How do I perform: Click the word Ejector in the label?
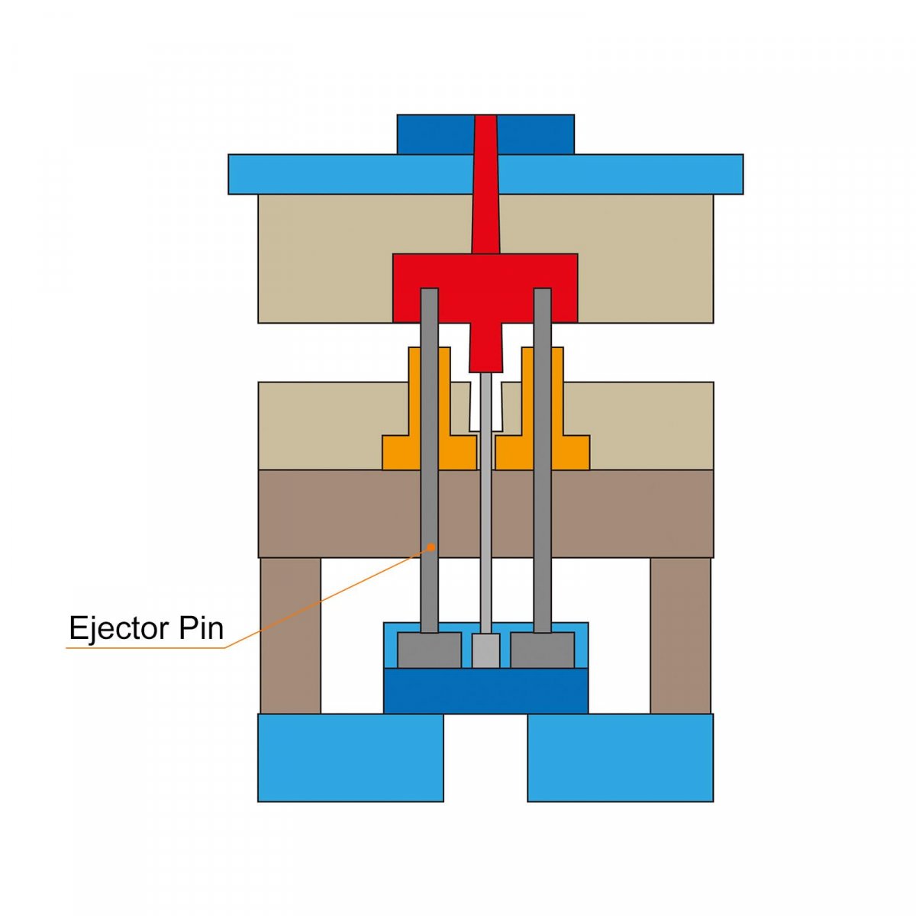[x=119, y=628]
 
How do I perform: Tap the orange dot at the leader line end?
[x=433, y=547]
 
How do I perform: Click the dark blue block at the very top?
[x=435, y=134]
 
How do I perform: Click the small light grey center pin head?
[x=485, y=650]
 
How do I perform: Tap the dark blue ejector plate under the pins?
[x=485, y=691]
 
